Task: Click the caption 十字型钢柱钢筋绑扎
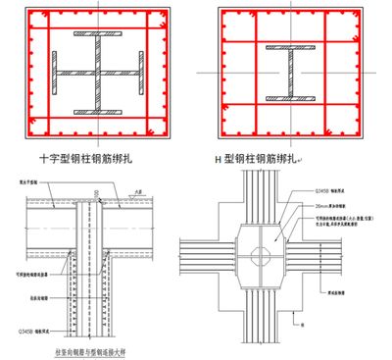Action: click(x=96, y=156)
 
